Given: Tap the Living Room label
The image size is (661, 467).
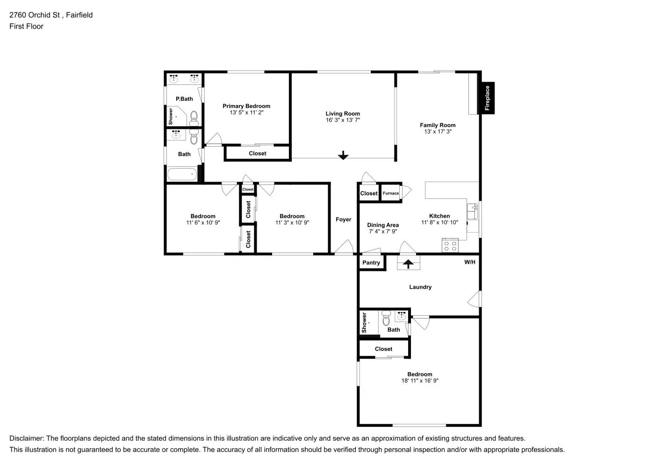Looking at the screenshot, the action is pos(343,113).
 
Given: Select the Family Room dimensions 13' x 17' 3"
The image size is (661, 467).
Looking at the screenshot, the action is pos(438,132).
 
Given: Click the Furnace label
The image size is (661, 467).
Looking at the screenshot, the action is pos(391,193).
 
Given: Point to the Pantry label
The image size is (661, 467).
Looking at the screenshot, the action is pos(371,262).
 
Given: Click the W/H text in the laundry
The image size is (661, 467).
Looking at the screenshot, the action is pos(469,262).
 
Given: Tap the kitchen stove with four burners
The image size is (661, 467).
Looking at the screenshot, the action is pos(450,246).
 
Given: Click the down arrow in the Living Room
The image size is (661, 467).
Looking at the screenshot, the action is pos(343,155).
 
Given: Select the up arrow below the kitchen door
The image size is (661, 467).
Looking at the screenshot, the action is pos(408,264).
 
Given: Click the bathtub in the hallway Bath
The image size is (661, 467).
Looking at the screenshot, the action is pos(182,174).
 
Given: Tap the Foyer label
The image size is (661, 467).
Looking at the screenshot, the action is pos(344,219).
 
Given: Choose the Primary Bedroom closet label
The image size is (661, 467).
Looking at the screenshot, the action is pos(257,153).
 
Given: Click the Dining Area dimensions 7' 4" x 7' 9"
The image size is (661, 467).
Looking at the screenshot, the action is pos(383,232).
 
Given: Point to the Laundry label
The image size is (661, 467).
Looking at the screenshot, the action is pos(420,287).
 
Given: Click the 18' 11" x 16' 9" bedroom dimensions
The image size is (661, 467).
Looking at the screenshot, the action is pos(420,381).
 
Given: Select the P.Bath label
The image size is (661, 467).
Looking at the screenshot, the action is pos(184,99).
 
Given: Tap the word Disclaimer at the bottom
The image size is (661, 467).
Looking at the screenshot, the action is pos(26,439).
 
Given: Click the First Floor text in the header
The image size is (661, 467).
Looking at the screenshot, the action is pos(26,26).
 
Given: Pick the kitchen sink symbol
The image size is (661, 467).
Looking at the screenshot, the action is pos(473,211).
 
